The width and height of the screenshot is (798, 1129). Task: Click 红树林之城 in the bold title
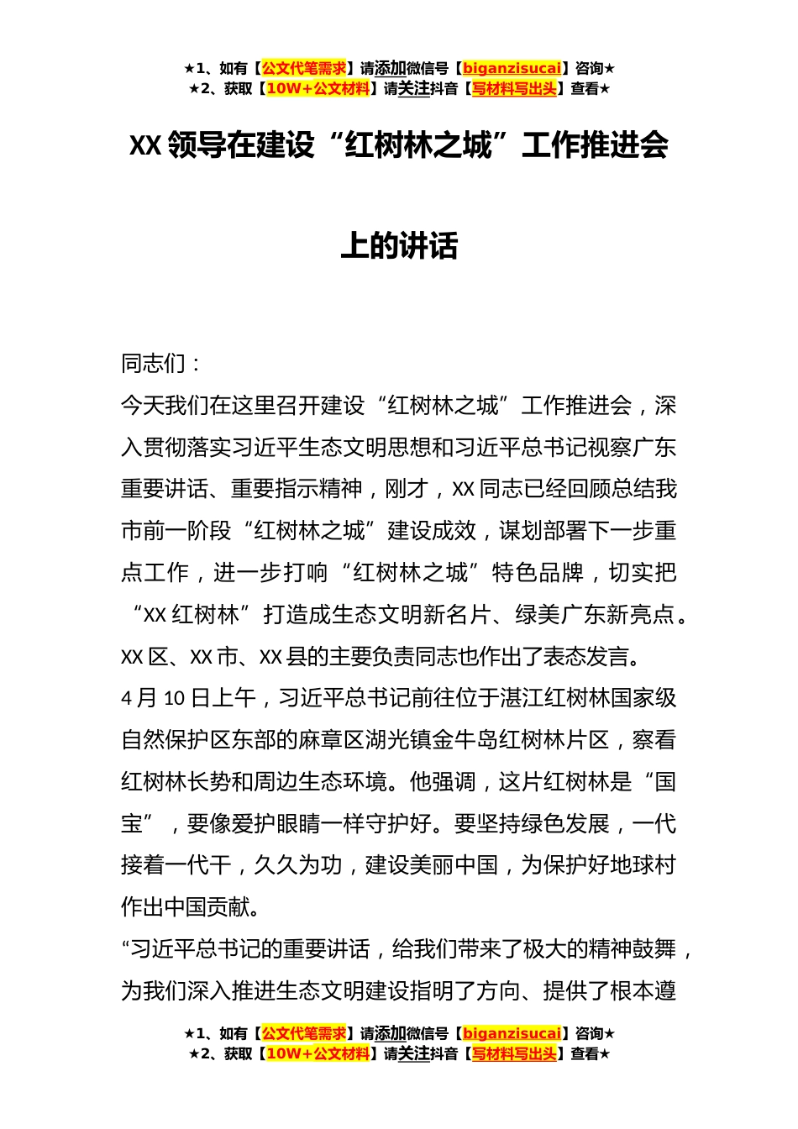pos(418,145)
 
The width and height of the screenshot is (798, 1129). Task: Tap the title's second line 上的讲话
pos(399,246)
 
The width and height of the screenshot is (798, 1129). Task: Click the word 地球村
pos(643,865)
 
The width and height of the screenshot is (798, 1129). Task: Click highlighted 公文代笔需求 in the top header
pos(304,69)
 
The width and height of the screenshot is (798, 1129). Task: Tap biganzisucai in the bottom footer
pos(512,1034)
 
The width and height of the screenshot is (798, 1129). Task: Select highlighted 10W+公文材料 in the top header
pos(318,89)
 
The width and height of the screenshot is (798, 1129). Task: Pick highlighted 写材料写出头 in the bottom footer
pos(514,1054)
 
